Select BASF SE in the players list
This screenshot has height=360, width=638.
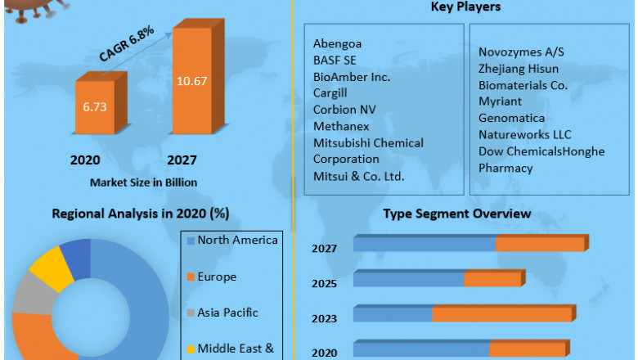point(336,60)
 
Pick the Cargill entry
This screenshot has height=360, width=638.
point(330,93)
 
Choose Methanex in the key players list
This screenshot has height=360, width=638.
point(341,126)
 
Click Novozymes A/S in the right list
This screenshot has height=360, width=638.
point(521,52)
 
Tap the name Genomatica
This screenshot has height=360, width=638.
point(513,118)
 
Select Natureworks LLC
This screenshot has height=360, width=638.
point(525,134)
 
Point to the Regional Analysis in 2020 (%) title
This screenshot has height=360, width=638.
point(141,214)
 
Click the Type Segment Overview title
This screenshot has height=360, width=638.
point(457,214)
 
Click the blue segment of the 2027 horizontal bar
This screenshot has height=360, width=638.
point(425,244)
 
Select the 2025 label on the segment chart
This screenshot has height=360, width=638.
point(324,283)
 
